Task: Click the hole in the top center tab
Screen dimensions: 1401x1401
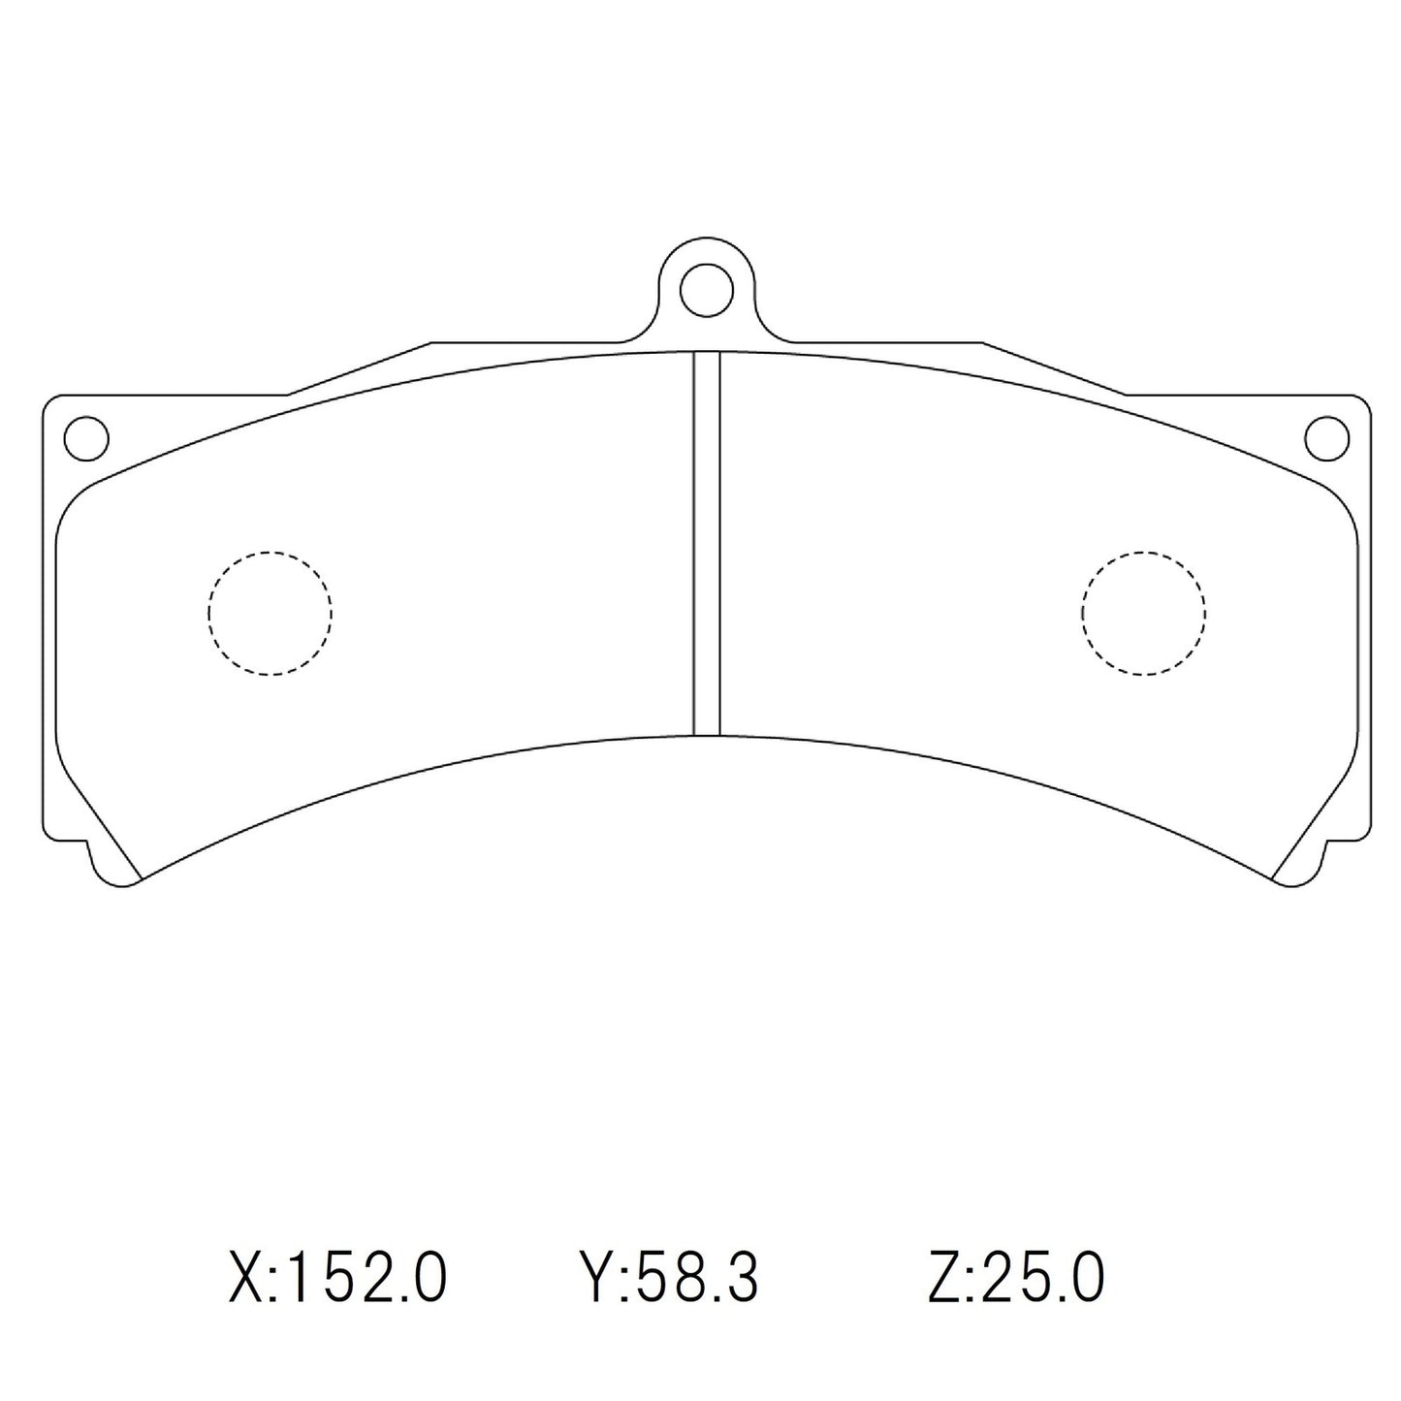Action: [706, 289]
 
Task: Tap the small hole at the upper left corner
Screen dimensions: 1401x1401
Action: [85, 437]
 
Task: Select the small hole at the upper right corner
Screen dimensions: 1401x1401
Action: [1326, 437]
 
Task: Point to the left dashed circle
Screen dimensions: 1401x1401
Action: [270, 613]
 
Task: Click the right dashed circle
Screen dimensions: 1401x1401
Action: [1143, 613]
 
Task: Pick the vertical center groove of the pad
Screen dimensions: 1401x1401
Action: [706, 543]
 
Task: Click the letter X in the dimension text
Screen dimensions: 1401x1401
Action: [246, 1279]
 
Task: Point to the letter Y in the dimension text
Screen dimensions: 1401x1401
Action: [593, 1279]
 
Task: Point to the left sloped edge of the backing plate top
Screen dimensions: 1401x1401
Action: [359, 368]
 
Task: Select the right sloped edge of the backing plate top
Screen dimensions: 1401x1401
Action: [1054, 368]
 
